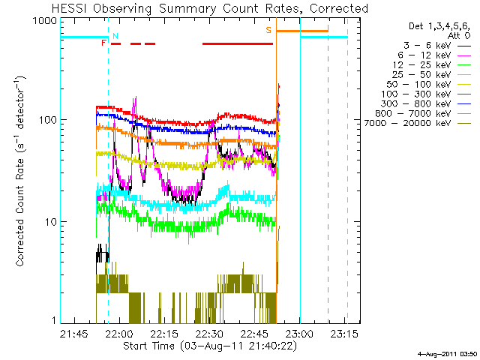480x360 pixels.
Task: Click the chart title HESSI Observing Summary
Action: coord(210,8)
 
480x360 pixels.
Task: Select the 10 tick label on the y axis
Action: coord(50,221)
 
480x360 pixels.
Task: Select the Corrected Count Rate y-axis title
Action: coord(21,171)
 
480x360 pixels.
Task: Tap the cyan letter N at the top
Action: coord(115,35)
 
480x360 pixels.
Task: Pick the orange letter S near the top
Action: coord(268,30)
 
